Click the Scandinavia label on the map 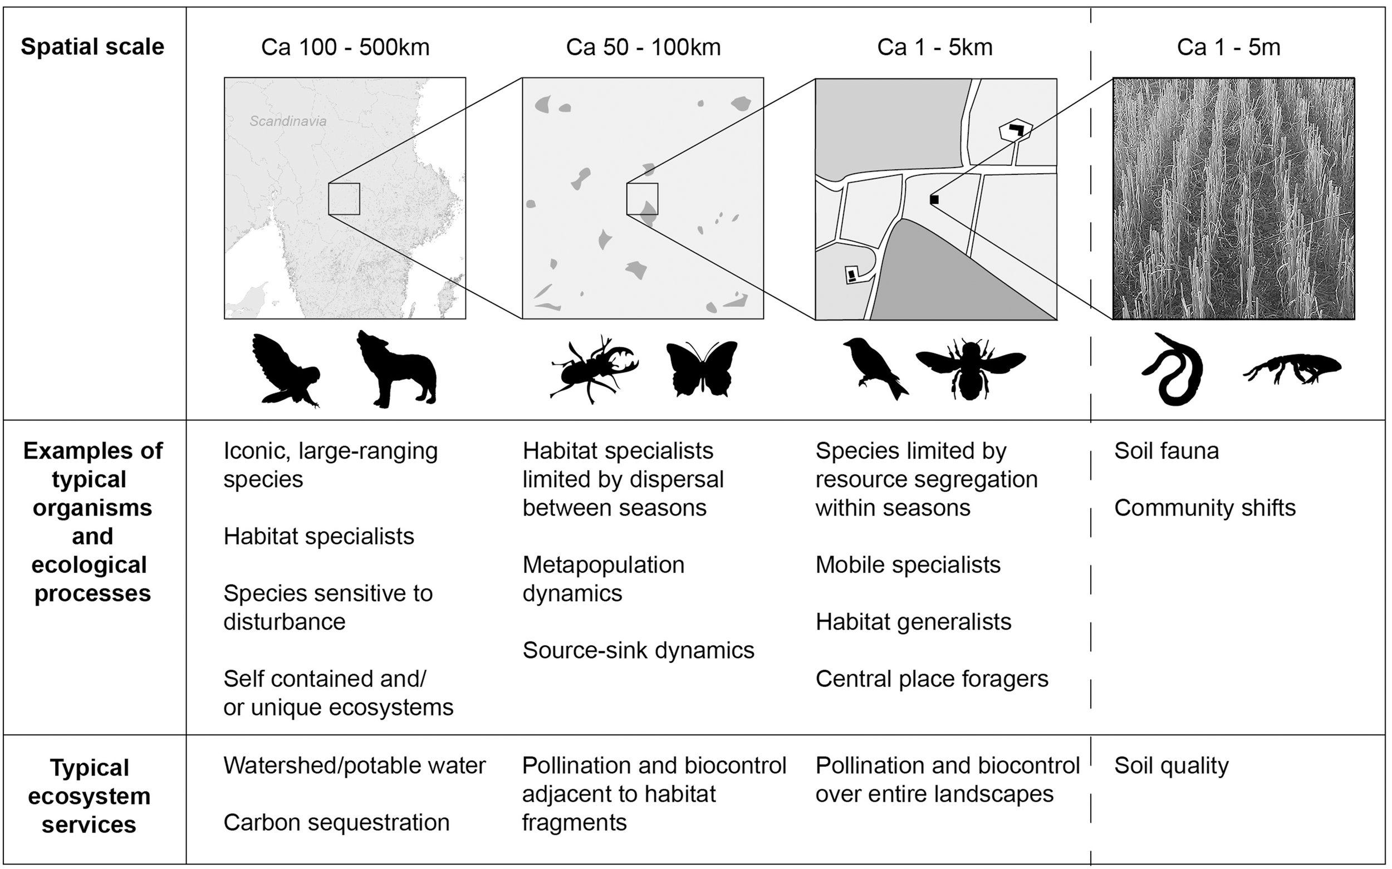point(288,121)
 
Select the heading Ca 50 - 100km point(643,47)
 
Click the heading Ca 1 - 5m point(1228,47)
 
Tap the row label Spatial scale point(92,47)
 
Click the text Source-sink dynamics point(638,651)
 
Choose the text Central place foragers point(932,679)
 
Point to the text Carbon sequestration point(336,822)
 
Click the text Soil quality point(1171,765)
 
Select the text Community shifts point(1205,508)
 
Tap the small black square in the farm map point(934,199)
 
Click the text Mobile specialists point(908,565)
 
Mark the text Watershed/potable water point(355,765)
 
